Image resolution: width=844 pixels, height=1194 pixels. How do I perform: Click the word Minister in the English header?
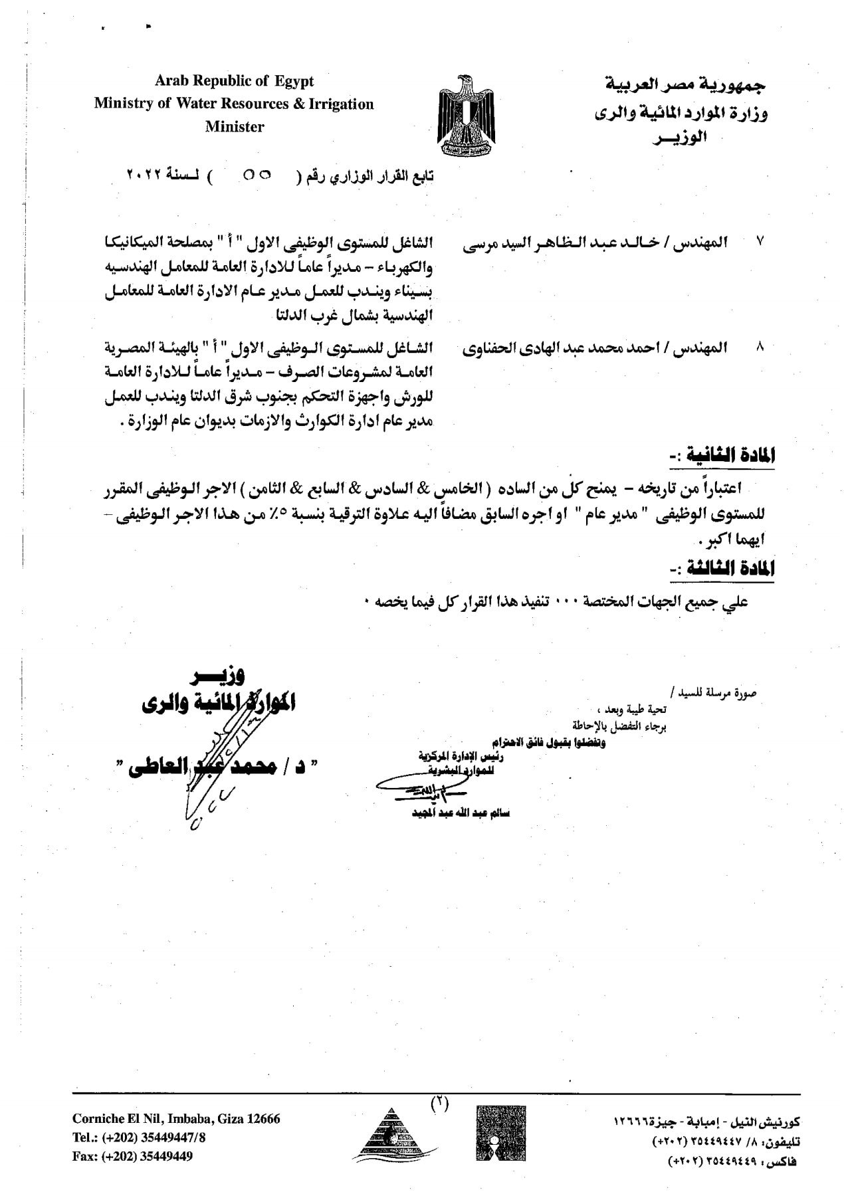(x=234, y=127)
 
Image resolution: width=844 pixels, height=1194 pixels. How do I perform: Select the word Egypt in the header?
(x=292, y=81)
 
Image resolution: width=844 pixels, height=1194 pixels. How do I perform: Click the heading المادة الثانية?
(x=722, y=456)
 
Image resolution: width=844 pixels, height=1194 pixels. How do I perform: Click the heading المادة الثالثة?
(x=722, y=569)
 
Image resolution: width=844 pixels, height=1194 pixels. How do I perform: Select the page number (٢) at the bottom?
(x=439, y=1104)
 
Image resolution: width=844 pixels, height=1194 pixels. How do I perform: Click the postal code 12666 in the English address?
(x=264, y=1119)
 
